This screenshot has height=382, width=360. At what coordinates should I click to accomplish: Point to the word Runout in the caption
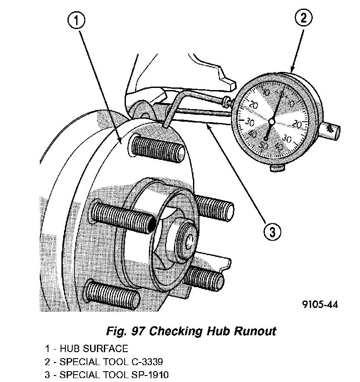255,331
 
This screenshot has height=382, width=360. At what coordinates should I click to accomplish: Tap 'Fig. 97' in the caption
125,331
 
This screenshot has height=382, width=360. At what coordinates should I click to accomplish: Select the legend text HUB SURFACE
94,349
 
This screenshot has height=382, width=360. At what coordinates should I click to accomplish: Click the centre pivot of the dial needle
271,121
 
